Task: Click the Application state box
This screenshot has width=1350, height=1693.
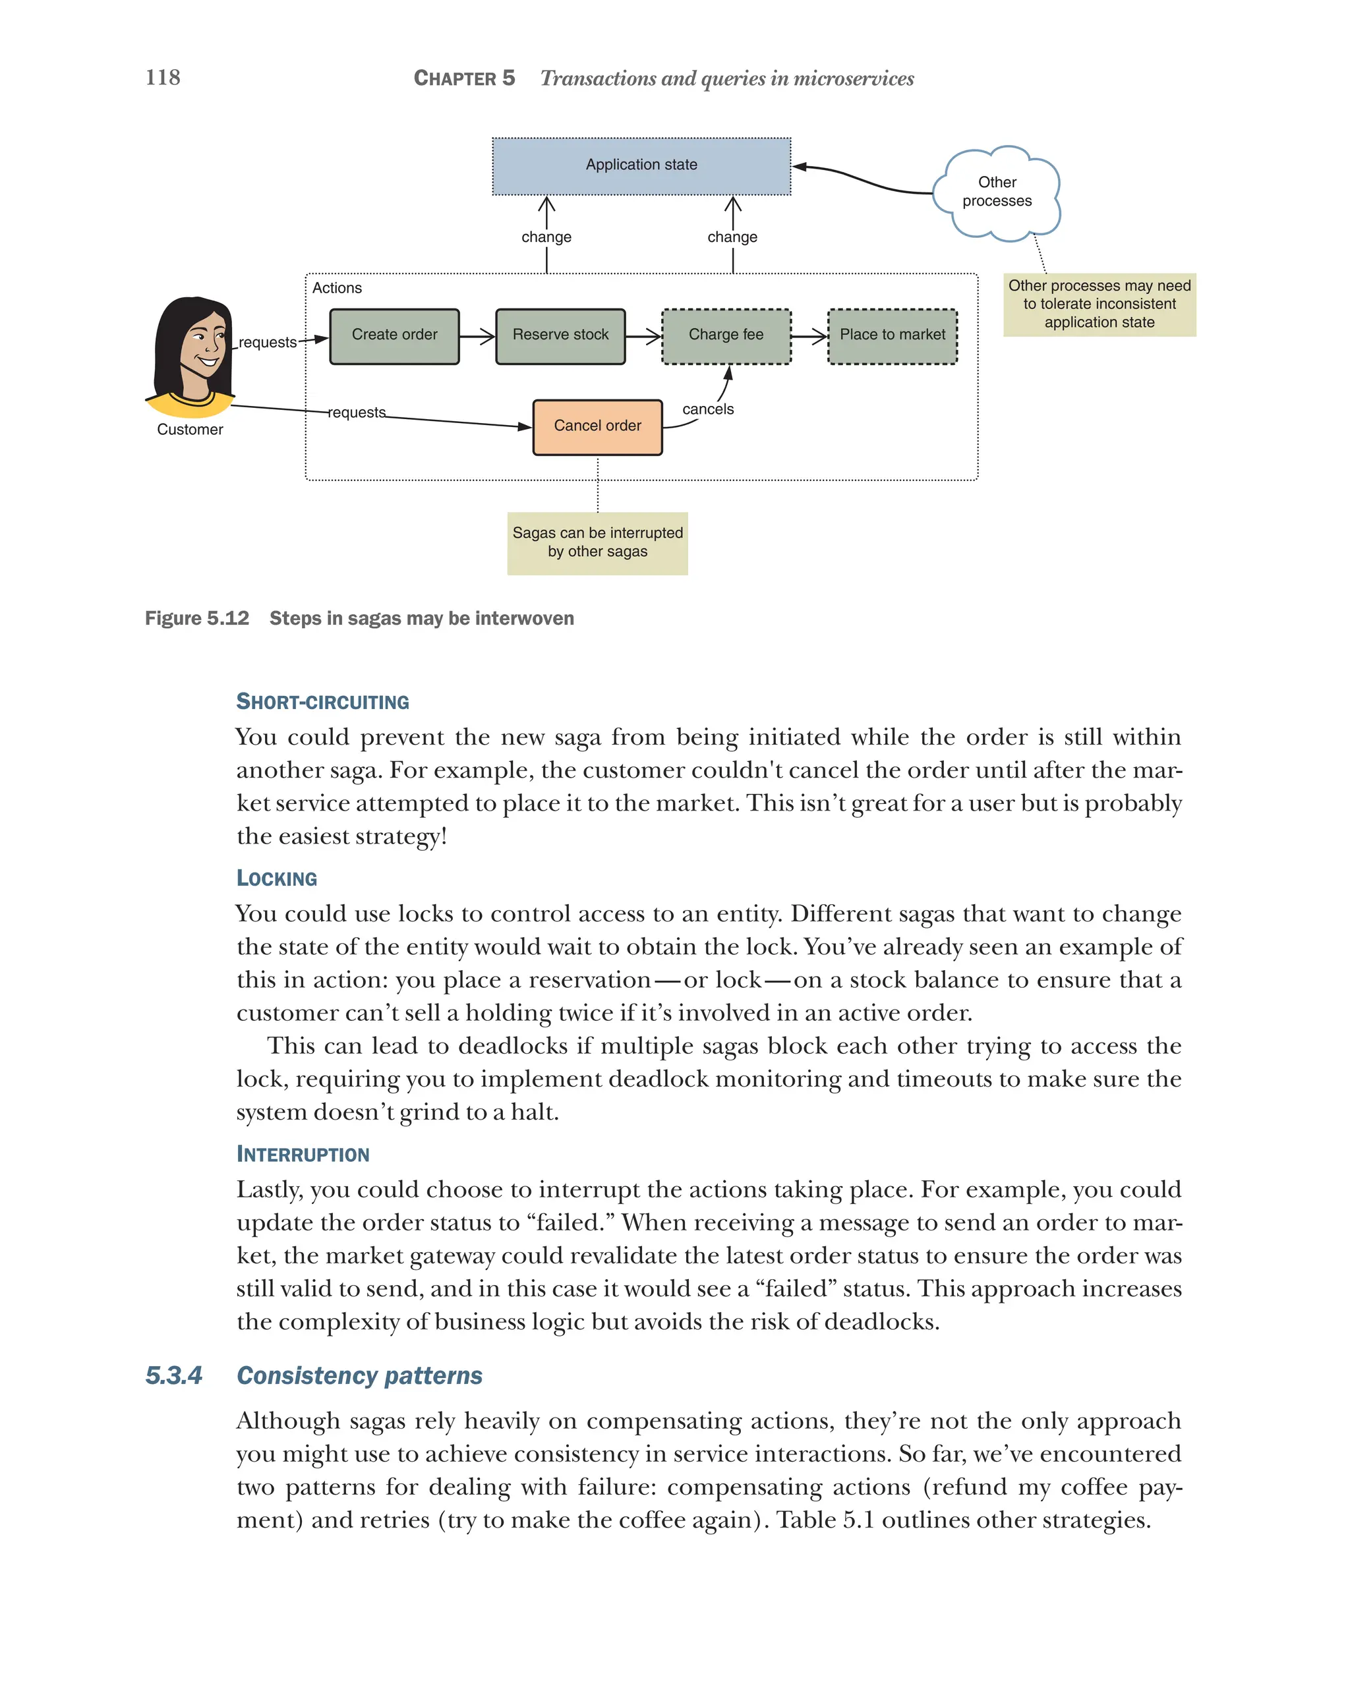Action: point(641,165)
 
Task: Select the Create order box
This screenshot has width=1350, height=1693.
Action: point(394,336)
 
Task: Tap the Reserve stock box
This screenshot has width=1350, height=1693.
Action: point(560,336)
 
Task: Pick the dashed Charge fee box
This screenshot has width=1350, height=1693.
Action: point(726,336)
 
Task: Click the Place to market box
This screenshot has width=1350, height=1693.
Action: point(892,336)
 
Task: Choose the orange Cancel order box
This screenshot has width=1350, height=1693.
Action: point(597,426)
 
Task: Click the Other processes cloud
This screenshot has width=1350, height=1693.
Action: point(997,192)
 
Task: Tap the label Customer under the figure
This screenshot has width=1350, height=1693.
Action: point(189,430)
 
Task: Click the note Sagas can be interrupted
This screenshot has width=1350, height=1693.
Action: point(597,542)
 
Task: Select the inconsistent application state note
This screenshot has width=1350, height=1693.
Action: point(1099,304)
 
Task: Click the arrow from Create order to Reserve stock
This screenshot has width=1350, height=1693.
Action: point(477,336)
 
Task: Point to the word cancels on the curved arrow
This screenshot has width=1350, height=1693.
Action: point(707,409)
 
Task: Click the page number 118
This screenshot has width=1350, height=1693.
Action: point(163,77)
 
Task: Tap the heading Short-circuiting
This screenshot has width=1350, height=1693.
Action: point(323,702)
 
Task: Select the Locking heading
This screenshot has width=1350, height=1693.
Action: point(276,878)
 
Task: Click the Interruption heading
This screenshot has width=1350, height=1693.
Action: point(303,1155)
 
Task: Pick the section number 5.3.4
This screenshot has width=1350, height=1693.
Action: point(173,1376)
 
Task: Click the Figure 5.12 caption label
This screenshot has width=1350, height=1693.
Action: point(196,619)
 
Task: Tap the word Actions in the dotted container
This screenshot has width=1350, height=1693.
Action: point(337,288)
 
